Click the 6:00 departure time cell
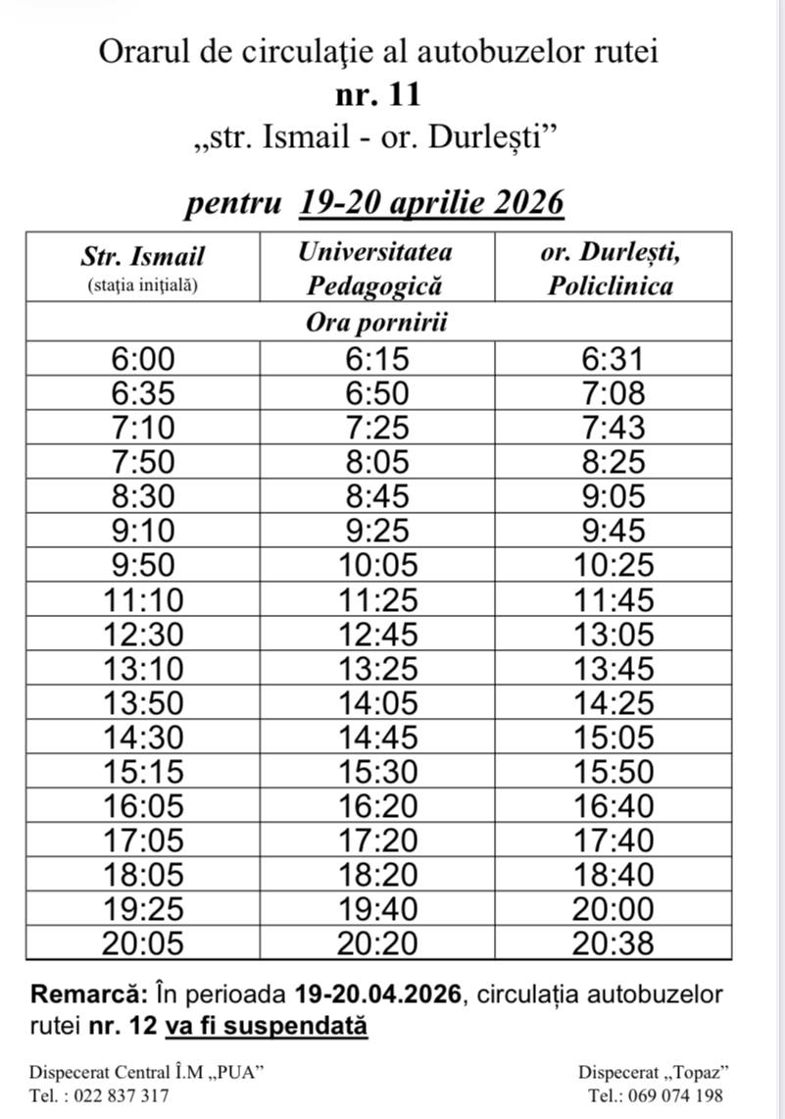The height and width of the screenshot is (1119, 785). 143,359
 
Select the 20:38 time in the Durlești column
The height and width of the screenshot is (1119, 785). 612,943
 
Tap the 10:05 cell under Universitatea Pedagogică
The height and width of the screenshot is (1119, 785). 377,565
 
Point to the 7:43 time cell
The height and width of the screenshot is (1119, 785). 612,428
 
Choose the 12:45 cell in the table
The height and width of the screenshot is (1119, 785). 377,634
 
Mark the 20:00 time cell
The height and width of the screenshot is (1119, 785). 612,909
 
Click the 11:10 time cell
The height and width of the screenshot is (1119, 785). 143,599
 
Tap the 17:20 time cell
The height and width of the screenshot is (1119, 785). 377,839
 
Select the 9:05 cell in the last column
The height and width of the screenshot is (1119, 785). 612,496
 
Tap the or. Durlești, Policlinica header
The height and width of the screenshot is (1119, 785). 612,268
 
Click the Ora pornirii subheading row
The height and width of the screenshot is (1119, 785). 377,322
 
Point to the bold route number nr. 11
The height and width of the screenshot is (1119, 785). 377,95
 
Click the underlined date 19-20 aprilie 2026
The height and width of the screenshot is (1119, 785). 432,203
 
